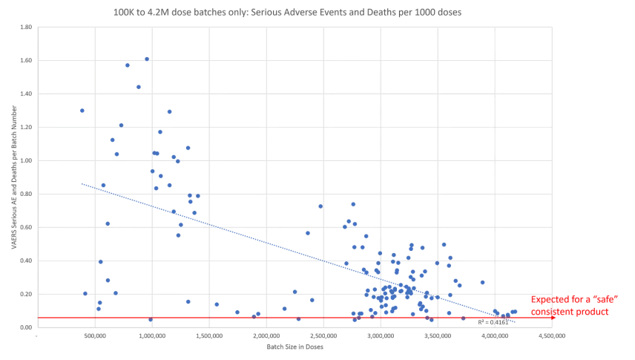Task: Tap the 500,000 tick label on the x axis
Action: (94, 336)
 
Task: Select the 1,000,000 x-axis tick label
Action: (151, 336)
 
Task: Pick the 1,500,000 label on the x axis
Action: (209, 336)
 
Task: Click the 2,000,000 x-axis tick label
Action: (266, 336)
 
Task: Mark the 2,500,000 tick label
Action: (323, 336)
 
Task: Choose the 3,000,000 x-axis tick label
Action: (381, 336)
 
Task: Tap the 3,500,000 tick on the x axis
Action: (438, 336)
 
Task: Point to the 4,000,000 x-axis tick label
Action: (495, 336)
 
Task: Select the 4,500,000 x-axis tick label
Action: (552, 336)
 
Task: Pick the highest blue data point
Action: (147, 59)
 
